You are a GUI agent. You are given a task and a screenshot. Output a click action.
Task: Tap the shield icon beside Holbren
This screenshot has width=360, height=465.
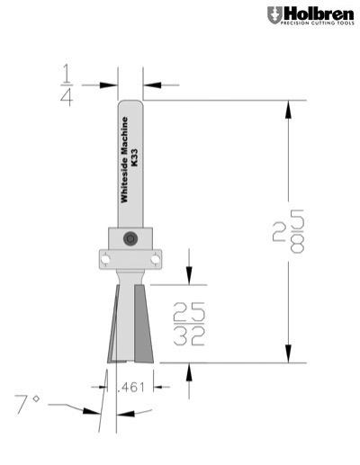(274, 14)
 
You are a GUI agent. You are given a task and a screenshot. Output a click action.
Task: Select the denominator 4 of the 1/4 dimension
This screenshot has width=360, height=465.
(67, 97)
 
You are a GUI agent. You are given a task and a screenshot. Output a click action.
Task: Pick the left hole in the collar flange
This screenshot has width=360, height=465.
(105, 258)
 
